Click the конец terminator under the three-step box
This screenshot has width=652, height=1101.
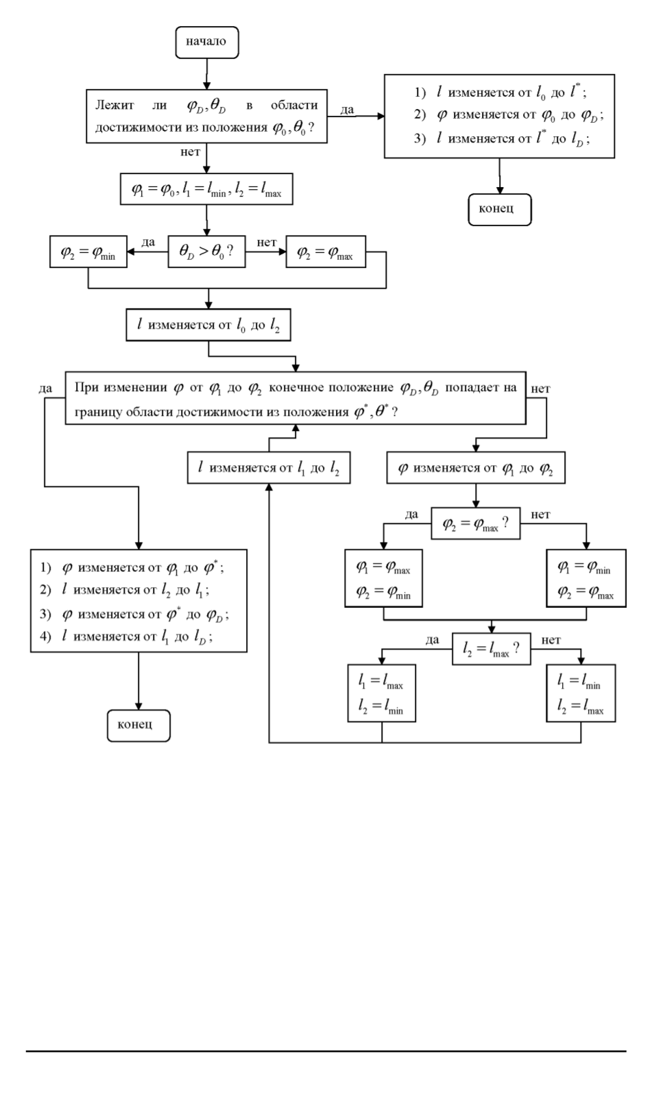tap(500, 208)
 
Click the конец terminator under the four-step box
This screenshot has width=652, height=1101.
tap(138, 725)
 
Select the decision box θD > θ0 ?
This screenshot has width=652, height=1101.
tap(206, 251)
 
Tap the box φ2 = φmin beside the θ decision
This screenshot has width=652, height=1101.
tap(88, 252)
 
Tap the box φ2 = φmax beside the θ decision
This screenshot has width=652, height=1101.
tap(325, 251)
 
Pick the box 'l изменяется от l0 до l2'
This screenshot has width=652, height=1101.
tap(208, 325)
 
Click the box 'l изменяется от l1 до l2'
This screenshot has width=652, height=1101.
tap(268, 469)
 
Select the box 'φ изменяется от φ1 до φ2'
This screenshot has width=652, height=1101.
tap(476, 469)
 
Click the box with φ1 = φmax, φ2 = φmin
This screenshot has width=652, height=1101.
tap(383, 580)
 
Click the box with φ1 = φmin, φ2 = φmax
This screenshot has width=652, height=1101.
tap(585, 580)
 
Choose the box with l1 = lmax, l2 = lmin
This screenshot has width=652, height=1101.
tap(381, 694)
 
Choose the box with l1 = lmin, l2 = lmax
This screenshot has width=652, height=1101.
tap(581, 694)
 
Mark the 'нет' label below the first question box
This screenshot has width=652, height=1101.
tap(190, 152)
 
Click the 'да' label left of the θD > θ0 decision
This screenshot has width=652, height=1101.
tap(148, 242)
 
